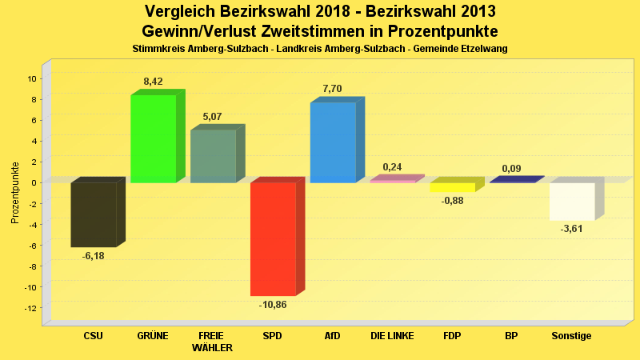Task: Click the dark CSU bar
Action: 94,214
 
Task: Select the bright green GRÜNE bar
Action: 154,138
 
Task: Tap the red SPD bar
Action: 273,239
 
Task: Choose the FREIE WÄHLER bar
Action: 213,156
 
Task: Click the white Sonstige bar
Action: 572,201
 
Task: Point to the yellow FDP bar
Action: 453,187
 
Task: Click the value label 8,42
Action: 154,82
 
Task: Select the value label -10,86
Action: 273,305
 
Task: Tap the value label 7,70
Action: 332,89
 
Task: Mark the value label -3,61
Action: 571,229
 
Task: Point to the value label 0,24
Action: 392,167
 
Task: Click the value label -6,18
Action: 94,256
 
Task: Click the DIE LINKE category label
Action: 392,336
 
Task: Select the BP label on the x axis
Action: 511,336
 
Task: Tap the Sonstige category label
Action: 571,336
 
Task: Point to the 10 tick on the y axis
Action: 32,78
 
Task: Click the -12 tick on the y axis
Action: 30,308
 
